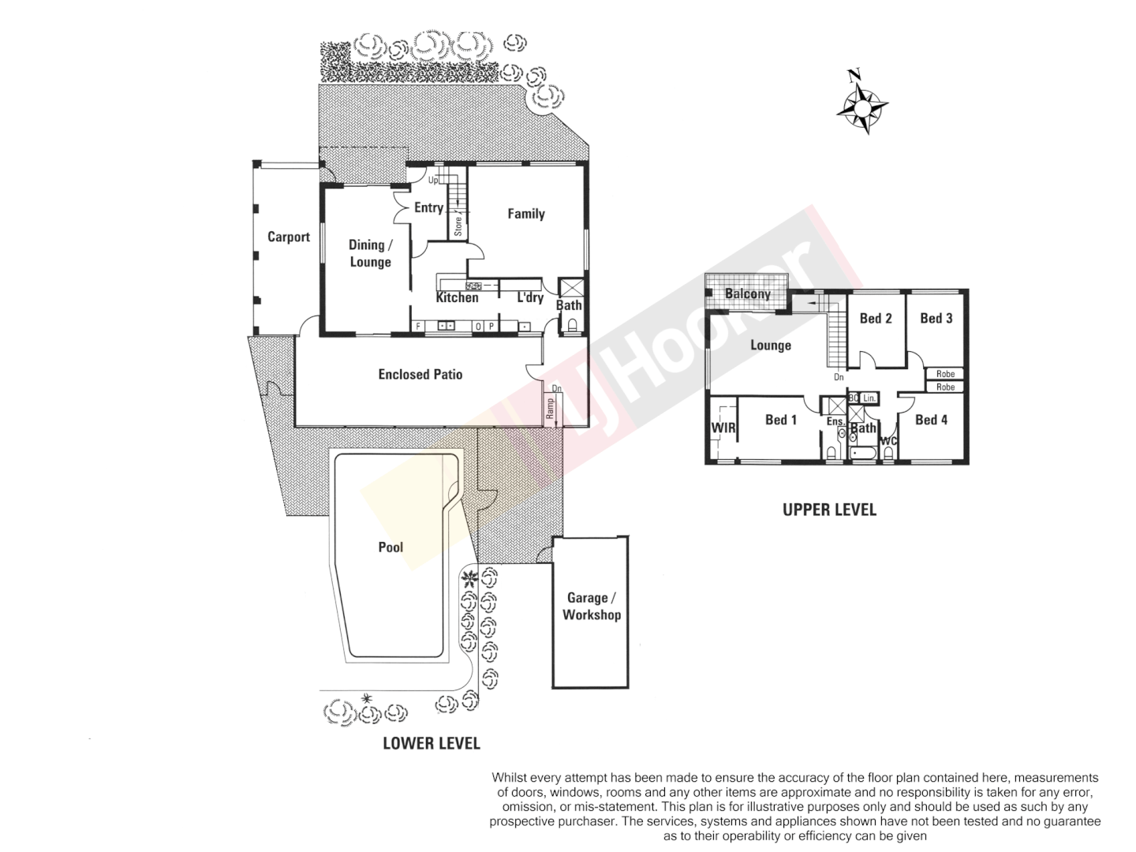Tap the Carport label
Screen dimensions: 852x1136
pyautogui.click(x=288, y=237)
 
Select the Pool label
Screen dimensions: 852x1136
pyautogui.click(x=390, y=547)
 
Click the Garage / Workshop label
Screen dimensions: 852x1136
pyautogui.click(x=591, y=607)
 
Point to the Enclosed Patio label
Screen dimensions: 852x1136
pyautogui.click(x=420, y=374)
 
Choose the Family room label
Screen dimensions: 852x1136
pyautogui.click(x=525, y=213)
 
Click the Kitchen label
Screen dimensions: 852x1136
pyautogui.click(x=457, y=297)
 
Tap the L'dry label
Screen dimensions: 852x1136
pyautogui.click(x=530, y=297)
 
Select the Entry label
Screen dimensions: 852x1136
pyautogui.click(x=428, y=207)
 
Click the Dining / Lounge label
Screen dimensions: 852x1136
pyautogui.click(x=370, y=253)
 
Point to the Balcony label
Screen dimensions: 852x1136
pyautogui.click(x=747, y=294)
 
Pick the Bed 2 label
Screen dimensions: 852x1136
pyautogui.click(x=876, y=318)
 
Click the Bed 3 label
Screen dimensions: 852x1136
pyautogui.click(x=936, y=318)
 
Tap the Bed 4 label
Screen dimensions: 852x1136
pyautogui.click(x=931, y=420)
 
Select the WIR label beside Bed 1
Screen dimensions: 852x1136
pyautogui.click(x=723, y=428)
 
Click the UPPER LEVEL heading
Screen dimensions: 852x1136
pyautogui.click(x=829, y=510)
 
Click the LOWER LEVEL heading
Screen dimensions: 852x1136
pyautogui.click(x=431, y=743)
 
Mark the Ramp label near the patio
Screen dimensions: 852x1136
pyautogui.click(x=550, y=408)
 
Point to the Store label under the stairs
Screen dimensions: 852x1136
pyautogui.click(x=458, y=222)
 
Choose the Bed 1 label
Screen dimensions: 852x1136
pyautogui.click(x=780, y=420)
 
